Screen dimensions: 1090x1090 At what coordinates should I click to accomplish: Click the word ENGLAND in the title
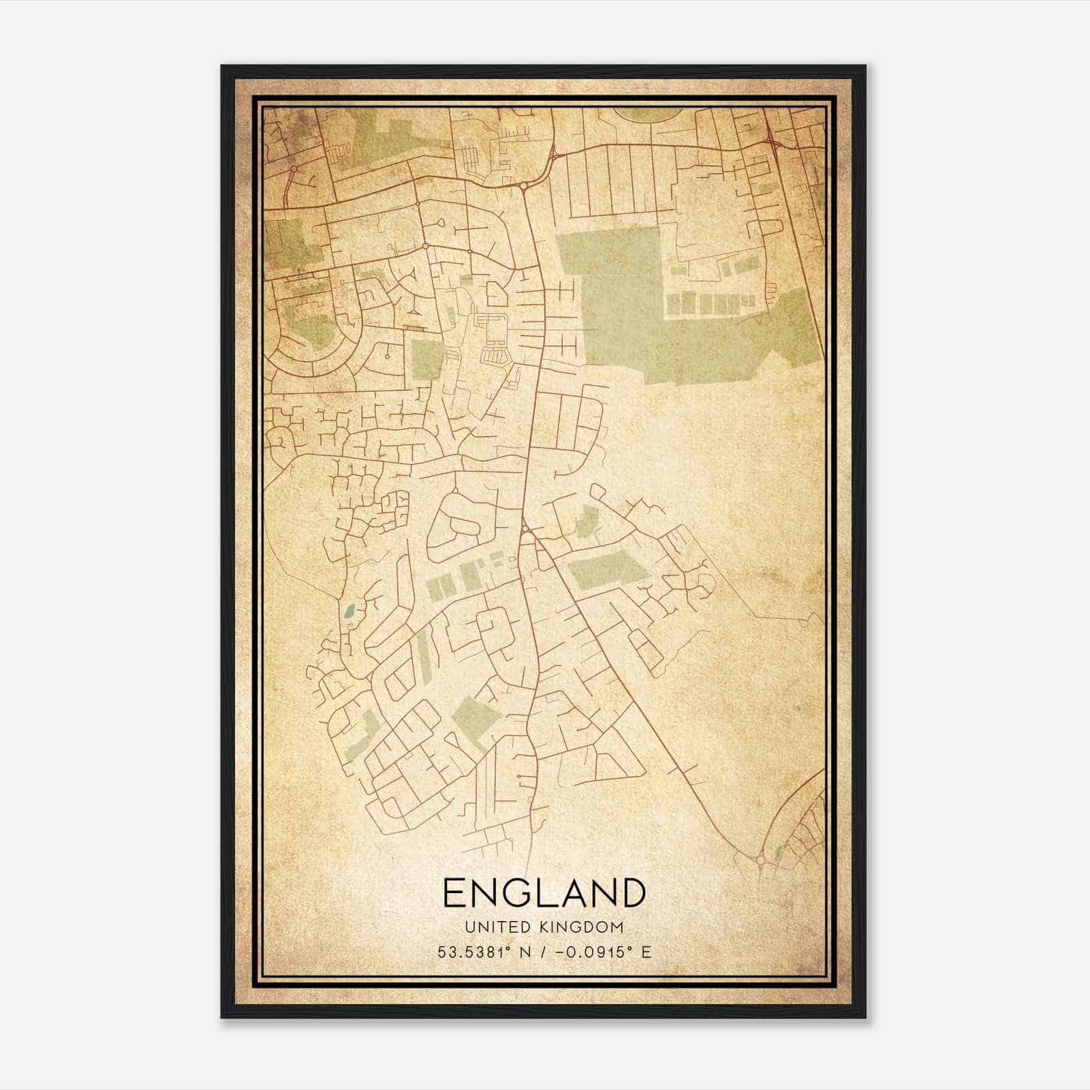[544, 893]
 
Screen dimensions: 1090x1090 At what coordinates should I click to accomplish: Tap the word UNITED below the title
[489, 927]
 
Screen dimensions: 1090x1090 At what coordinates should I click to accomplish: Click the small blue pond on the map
[349, 611]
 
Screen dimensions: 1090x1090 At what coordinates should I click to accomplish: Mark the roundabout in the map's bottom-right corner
[760, 860]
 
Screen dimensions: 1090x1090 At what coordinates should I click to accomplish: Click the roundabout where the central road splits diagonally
[525, 529]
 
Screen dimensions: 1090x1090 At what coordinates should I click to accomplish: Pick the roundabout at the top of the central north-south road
[523, 185]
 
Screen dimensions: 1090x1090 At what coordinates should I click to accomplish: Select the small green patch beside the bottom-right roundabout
[779, 851]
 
